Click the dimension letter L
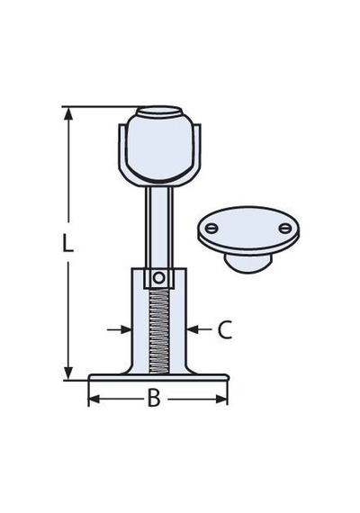[67, 242]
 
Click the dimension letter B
[154, 398]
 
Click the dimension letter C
[225, 329]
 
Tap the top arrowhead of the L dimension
[68, 113]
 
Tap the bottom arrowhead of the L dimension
[68, 373]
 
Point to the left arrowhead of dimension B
[94, 399]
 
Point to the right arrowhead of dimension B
[221, 399]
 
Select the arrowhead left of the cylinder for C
[126, 329]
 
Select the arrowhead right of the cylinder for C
[193, 329]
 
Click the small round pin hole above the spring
[158, 278]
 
